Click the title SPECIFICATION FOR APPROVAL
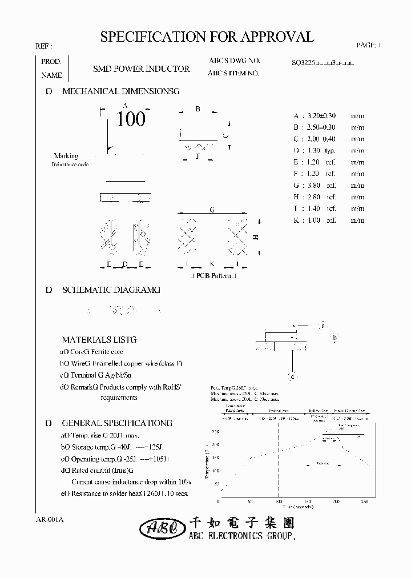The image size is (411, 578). pos(207,37)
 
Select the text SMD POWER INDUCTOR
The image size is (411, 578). pos(141,69)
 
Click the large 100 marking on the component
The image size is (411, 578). pos(131,119)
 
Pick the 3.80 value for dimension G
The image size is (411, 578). pos(314,186)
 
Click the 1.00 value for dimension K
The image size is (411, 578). pos(314,220)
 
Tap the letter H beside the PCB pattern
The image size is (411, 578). pos(256,236)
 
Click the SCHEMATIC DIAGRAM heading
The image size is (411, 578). pos(111,290)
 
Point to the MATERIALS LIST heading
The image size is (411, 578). pos(99,340)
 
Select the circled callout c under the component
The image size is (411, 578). pos(292,376)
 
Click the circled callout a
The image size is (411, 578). pos(323,326)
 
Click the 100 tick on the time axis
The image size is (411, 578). pos(279,502)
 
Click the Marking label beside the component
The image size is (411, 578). pos(66,156)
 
